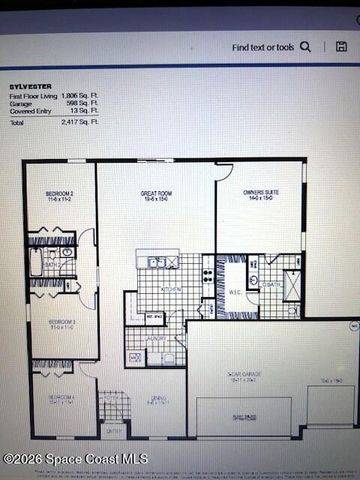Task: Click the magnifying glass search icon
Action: [x=306, y=46]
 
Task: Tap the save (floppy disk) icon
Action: [x=342, y=46]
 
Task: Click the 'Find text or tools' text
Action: [x=264, y=47]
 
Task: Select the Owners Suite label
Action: [x=259, y=195]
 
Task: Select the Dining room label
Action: [x=157, y=400]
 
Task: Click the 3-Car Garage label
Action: [x=244, y=376]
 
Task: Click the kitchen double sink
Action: [x=158, y=262]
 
